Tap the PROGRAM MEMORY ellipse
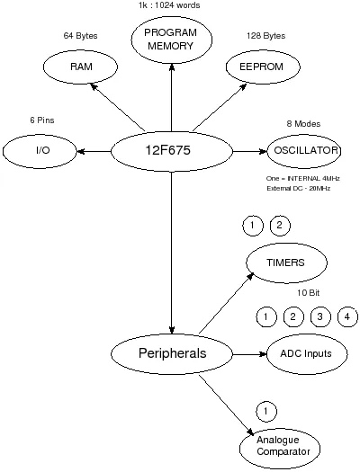tap(171, 40)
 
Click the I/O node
tap(41, 150)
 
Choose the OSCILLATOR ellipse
tap(303, 150)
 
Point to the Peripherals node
tap(171, 353)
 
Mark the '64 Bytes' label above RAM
tap(80, 36)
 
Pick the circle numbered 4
tap(346, 316)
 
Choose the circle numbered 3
tap(319, 316)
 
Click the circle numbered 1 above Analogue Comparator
tap(265, 412)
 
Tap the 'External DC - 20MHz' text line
tap(299, 189)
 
